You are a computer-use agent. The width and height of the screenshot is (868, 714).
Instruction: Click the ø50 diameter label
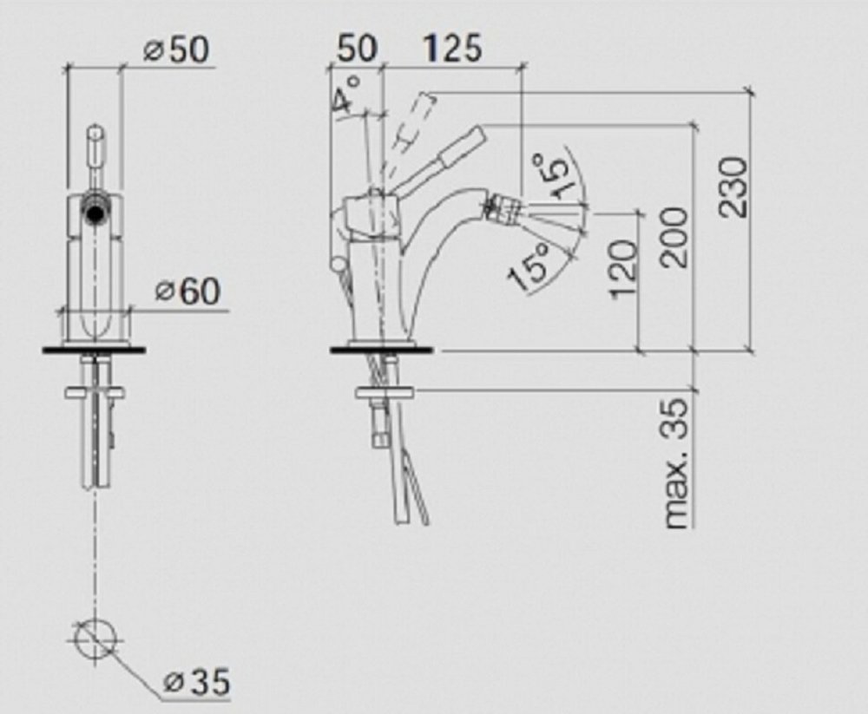(x=176, y=49)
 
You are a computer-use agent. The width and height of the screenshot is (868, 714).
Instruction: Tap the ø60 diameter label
(x=187, y=291)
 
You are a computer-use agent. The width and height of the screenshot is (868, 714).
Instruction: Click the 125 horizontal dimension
(x=453, y=48)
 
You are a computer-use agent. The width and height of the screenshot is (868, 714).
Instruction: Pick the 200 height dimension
(x=674, y=238)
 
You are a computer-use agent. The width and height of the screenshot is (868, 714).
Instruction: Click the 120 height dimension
(x=622, y=270)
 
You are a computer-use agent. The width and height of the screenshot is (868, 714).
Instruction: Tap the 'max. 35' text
(x=677, y=464)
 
